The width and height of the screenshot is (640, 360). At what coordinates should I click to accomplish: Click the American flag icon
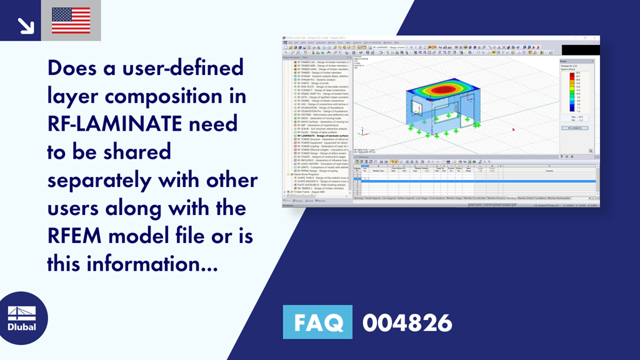tap(71, 20)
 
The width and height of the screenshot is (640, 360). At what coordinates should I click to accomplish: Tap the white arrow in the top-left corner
tap(26, 25)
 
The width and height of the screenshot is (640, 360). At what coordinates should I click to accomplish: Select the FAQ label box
tap(317, 322)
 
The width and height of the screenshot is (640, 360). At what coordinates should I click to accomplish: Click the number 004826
tap(407, 323)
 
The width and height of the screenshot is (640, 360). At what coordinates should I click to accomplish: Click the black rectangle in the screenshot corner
tap(580, 49)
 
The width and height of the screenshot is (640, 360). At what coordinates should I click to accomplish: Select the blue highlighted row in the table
tap(475, 181)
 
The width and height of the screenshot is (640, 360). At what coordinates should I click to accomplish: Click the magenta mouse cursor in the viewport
tap(513, 129)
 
